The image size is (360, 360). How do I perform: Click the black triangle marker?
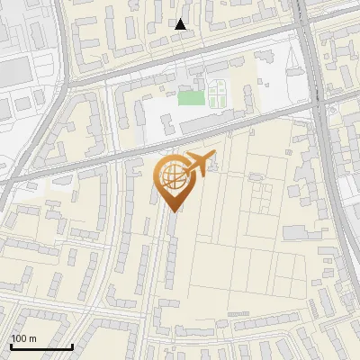click(181, 24)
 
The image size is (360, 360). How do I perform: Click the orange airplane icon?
click(200, 163)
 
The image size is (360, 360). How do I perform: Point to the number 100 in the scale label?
click(19, 338)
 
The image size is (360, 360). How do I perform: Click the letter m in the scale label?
click(32, 338)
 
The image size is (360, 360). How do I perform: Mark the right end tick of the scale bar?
click(72, 346)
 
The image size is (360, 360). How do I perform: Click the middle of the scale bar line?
click(40, 347)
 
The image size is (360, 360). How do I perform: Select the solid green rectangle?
click(190, 97)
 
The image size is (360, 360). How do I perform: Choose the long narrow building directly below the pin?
click(169, 252)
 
